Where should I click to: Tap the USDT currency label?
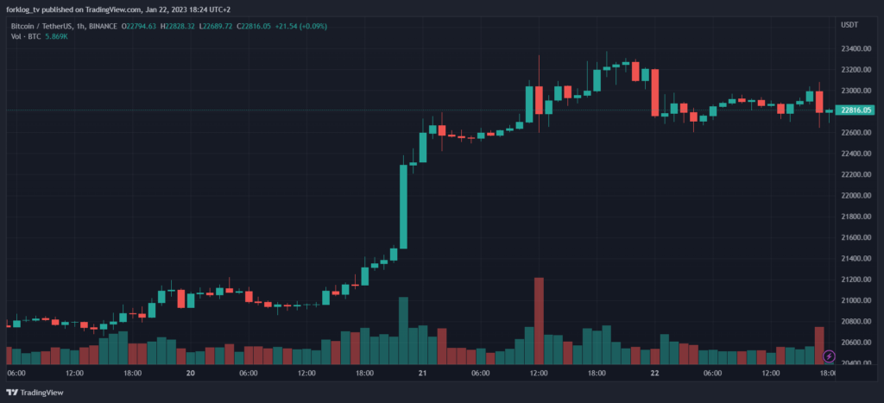coord(849,25)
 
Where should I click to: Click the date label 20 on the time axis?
coord(191,374)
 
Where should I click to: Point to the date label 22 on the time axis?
coord(655,374)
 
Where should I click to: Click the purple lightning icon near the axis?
coord(830,356)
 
